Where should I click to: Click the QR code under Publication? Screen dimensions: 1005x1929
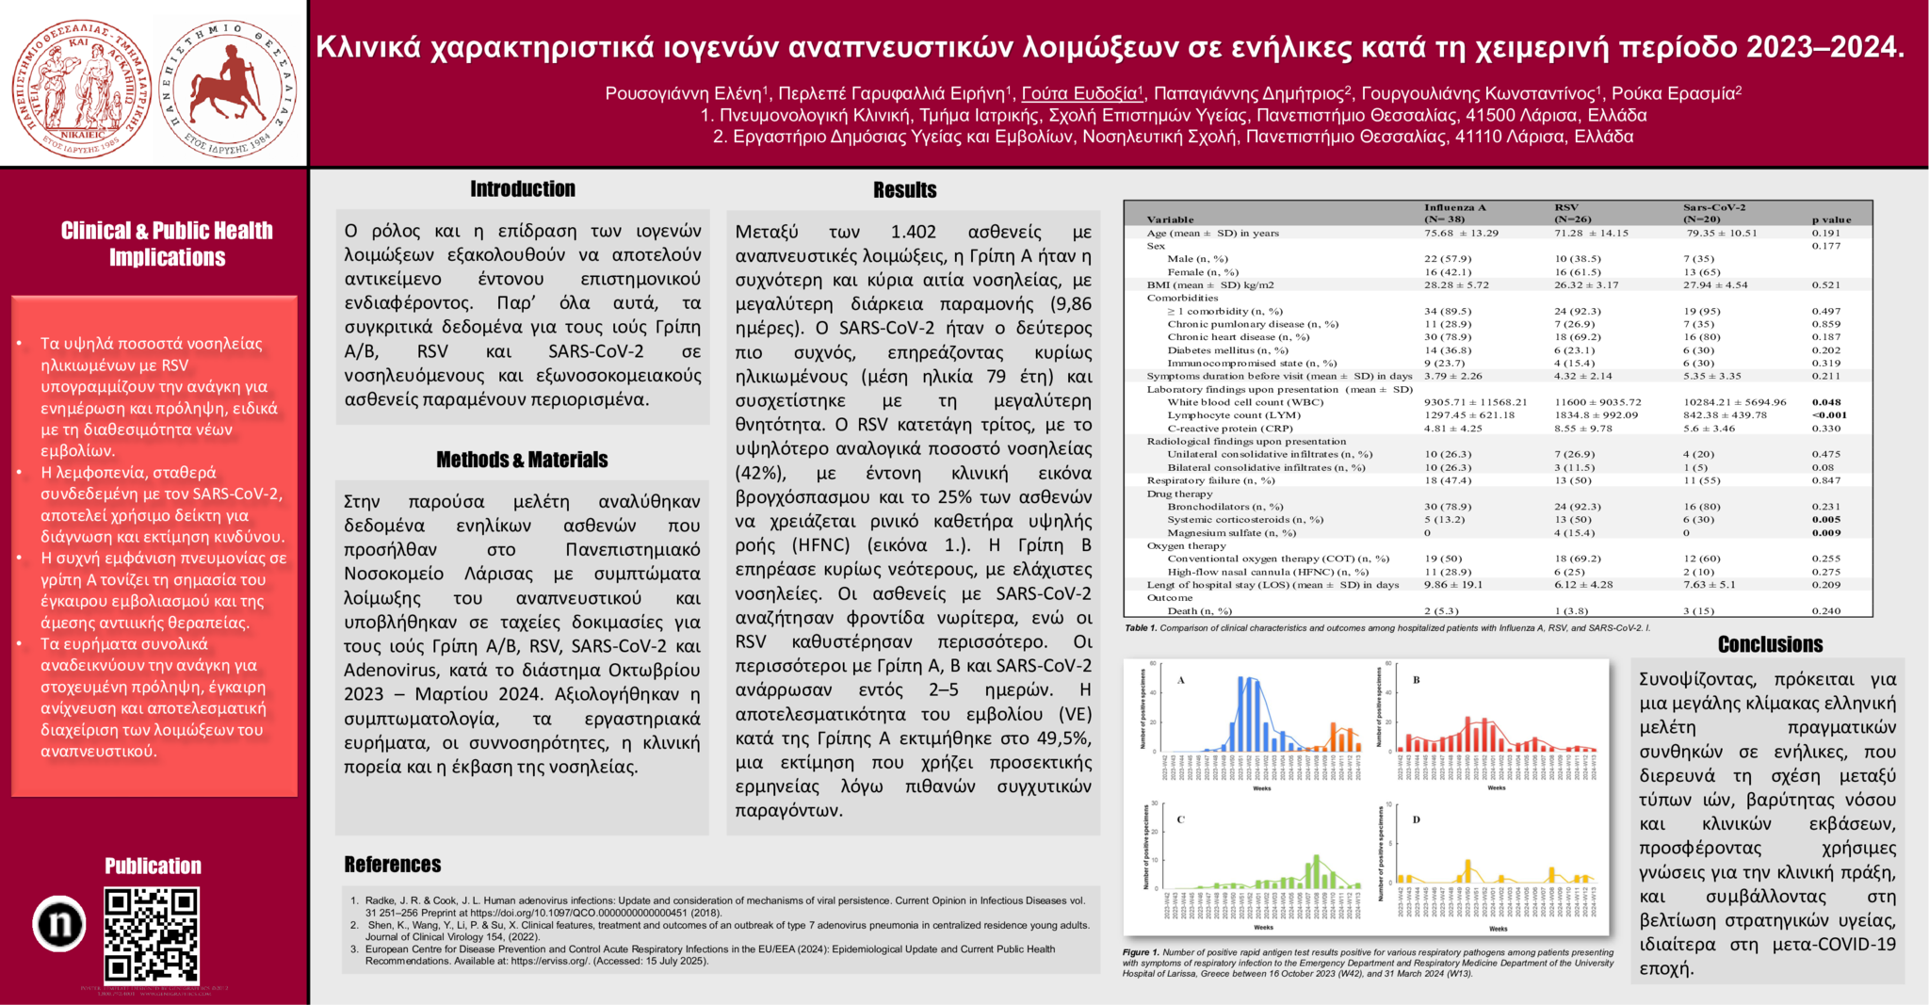point(151,934)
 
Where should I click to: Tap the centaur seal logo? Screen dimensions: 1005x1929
point(227,89)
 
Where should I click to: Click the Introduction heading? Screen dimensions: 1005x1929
point(523,189)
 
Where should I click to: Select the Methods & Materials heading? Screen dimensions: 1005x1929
point(522,460)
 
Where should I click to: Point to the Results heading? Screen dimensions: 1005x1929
point(904,190)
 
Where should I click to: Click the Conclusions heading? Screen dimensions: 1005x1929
point(1770,644)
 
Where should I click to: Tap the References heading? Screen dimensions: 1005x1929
point(392,865)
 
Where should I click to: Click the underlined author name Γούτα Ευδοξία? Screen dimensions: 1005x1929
point(1080,93)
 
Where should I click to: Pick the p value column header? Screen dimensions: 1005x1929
point(1831,219)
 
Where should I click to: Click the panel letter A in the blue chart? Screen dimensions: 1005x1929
point(1181,680)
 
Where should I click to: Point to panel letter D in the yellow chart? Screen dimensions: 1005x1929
point(1416,819)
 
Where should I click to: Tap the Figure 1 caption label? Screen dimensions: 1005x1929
point(1141,952)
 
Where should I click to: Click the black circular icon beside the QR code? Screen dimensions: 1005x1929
point(59,923)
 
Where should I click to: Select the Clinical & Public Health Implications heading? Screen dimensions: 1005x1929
point(167,244)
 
